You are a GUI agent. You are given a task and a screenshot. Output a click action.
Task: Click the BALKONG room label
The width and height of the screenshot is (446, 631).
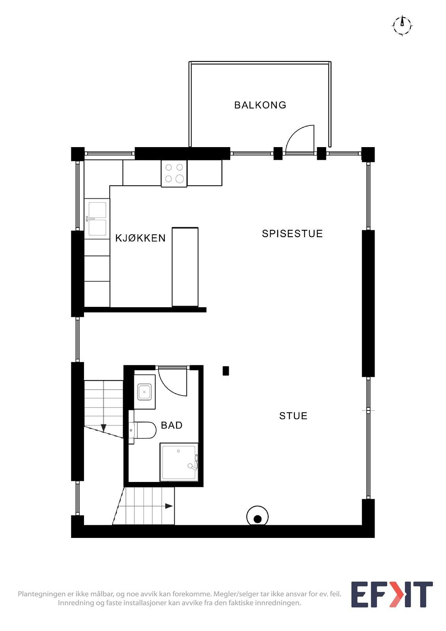[260, 105]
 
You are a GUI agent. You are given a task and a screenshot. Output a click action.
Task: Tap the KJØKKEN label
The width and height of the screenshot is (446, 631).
[140, 238]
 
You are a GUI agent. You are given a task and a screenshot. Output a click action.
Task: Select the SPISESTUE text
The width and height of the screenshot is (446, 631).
[292, 233]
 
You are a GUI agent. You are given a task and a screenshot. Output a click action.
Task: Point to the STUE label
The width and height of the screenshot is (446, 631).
[293, 416]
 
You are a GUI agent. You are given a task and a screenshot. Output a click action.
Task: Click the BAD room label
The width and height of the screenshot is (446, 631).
[172, 425]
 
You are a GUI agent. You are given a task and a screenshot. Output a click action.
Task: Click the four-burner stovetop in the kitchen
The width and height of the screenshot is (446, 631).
[174, 173]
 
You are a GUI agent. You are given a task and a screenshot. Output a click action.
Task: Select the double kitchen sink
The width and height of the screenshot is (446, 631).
[97, 219]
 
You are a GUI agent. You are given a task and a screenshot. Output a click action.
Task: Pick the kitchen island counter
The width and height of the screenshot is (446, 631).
[185, 267]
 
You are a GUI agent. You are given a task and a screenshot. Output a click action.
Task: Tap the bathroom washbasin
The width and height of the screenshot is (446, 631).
[144, 392]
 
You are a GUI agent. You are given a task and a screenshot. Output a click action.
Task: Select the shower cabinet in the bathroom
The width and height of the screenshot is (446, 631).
[179, 462]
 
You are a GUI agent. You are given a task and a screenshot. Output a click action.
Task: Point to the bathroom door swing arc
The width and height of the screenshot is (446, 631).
[174, 383]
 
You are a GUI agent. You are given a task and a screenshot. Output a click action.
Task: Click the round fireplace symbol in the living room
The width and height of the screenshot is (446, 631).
[258, 517]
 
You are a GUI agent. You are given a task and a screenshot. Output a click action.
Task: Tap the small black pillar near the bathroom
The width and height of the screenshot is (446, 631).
[226, 371]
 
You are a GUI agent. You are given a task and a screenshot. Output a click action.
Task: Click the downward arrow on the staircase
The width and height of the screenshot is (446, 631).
[103, 428]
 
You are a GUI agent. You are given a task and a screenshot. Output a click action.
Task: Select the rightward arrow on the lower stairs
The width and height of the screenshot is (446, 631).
[169, 506]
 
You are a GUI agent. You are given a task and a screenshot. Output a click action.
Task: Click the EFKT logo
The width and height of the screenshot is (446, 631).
[392, 594]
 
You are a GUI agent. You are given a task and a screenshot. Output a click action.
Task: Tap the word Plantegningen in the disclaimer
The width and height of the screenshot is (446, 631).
[42, 594]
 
